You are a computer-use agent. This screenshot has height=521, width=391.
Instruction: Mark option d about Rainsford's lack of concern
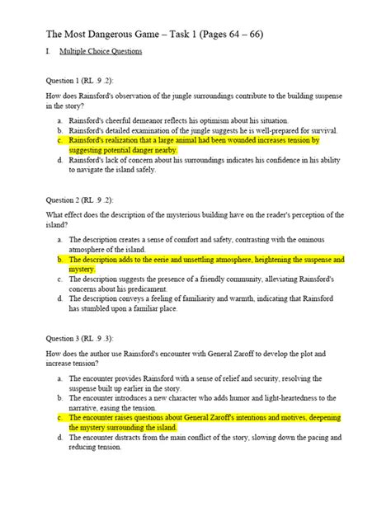click(206, 167)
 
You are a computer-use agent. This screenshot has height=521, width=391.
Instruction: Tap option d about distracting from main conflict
click(206, 444)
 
